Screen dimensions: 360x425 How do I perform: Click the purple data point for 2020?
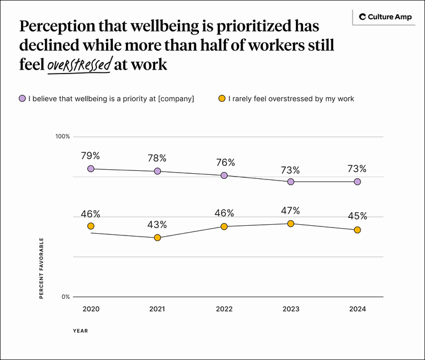(91, 169)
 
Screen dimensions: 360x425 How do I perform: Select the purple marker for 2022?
(224, 175)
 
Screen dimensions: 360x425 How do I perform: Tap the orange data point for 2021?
(158, 238)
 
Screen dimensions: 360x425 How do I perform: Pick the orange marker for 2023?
(291, 224)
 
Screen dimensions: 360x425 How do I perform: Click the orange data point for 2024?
(358, 230)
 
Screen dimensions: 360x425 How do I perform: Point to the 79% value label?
(91, 155)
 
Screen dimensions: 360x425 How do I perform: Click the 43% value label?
(158, 225)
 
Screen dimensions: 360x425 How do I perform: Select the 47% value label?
(291, 211)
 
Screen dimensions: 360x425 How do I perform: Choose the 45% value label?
(358, 216)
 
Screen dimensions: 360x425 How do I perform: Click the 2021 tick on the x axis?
(158, 309)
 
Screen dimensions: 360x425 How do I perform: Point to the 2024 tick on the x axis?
(358, 309)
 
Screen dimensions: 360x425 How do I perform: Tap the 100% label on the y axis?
(62, 136)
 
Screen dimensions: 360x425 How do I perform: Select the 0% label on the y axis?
(65, 297)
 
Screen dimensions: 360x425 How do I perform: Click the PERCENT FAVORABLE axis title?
(41, 268)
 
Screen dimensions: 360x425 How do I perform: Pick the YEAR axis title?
(80, 331)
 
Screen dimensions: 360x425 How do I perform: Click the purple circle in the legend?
(22, 98)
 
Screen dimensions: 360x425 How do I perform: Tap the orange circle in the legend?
(222, 98)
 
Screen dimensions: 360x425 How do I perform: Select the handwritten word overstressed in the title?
(79, 65)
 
